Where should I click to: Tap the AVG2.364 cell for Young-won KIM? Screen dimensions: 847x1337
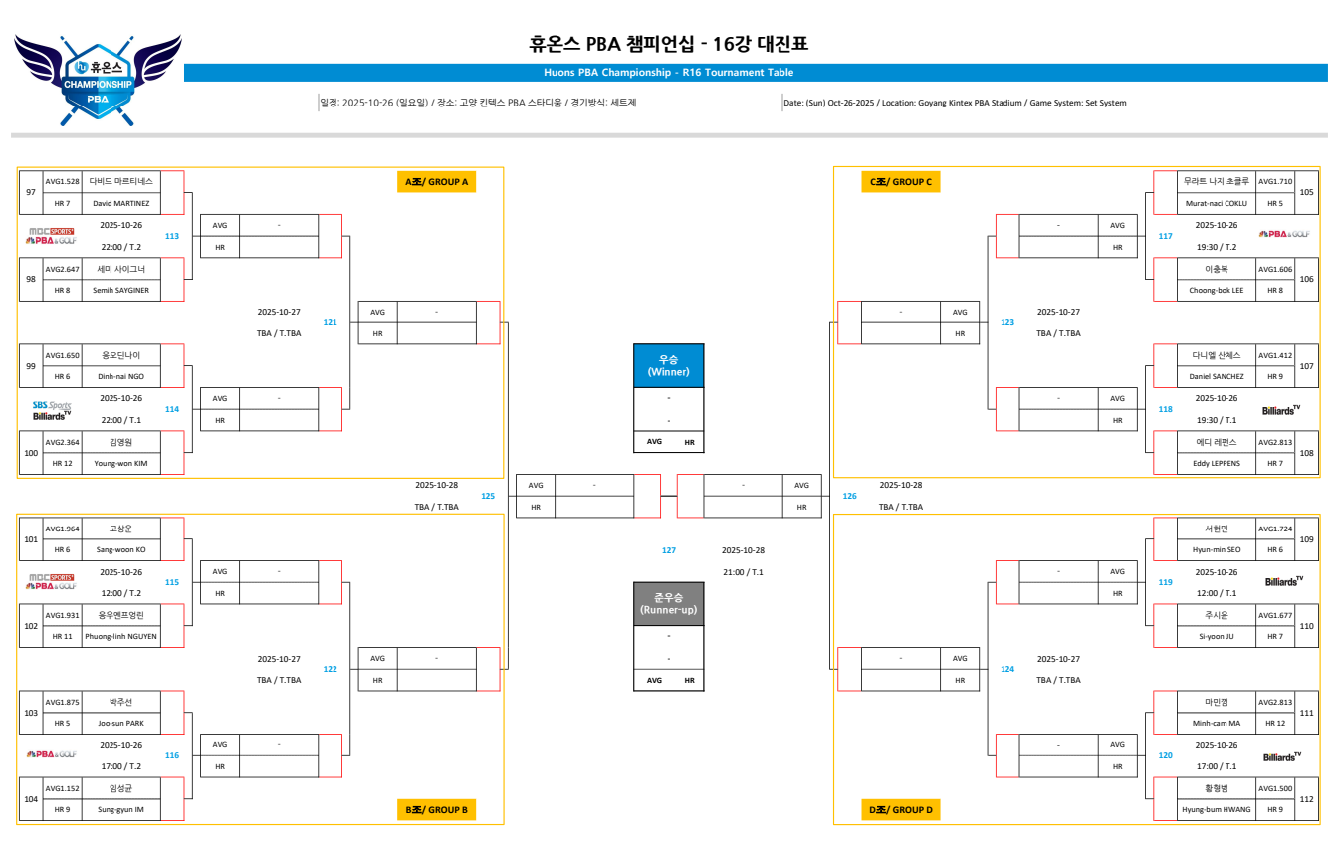62,442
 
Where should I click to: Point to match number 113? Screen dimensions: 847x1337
172,236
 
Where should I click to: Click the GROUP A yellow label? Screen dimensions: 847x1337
435,182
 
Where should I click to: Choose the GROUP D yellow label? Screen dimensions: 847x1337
901,810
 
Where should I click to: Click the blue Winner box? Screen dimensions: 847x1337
668,365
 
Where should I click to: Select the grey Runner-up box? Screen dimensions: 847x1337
668,603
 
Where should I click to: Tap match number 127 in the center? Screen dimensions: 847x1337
669,550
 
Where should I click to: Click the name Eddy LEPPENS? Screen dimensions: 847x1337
1216,463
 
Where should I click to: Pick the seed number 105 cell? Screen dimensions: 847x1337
1306,192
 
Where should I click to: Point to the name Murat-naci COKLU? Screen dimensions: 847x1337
1216,203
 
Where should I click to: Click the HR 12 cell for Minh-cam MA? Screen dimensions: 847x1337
1275,723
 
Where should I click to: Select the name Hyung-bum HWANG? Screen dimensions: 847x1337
1216,809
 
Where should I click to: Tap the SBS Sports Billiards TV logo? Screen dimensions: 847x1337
51,410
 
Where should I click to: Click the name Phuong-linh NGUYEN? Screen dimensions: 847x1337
120,636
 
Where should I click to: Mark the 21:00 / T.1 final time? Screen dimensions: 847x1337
743,572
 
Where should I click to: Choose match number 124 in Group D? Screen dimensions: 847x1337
1007,669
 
